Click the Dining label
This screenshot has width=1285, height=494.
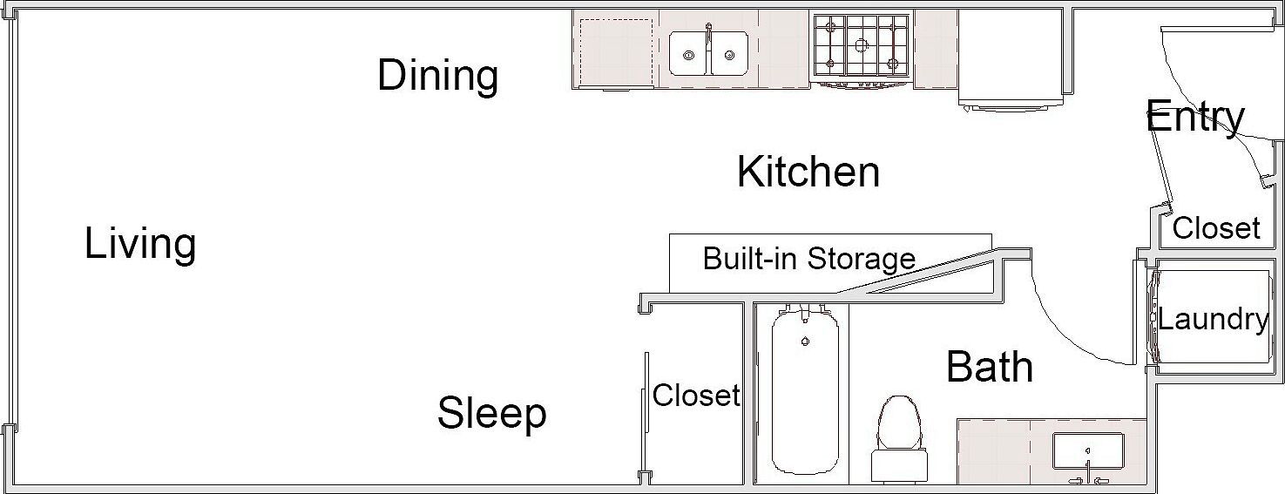click(x=437, y=75)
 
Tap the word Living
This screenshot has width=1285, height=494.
click(x=140, y=244)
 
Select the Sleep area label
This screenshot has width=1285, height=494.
click(x=491, y=413)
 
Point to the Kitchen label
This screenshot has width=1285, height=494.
click(x=808, y=172)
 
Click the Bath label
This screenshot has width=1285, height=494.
click(x=990, y=367)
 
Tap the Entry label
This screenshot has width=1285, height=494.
click(x=1195, y=118)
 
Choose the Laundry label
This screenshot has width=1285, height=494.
click(x=1213, y=319)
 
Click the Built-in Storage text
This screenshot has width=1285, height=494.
click(x=808, y=259)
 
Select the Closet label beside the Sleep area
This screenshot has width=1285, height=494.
click(x=696, y=396)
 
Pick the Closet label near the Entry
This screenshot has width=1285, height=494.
click(x=1216, y=228)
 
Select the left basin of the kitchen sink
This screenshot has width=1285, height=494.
click(x=689, y=53)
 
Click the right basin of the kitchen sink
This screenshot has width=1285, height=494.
click(x=730, y=53)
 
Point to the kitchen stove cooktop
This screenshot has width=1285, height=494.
click(x=861, y=45)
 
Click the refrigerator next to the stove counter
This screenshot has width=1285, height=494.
click(x=1011, y=58)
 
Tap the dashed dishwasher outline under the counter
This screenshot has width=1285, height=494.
click(x=616, y=52)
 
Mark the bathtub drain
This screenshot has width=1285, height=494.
click(x=806, y=342)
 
